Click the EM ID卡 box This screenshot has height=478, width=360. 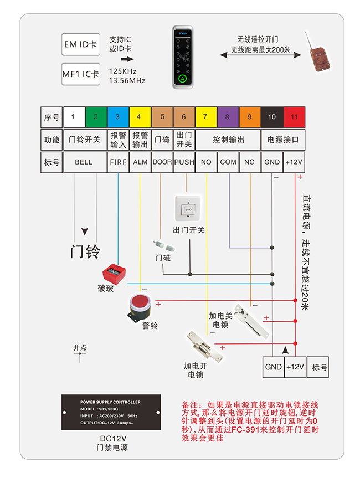pyautogui.click(x=80, y=44)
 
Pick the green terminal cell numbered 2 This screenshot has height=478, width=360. pyautogui.click(x=96, y=117)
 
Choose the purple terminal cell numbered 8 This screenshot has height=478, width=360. pyautogui.click(x=228, y=117)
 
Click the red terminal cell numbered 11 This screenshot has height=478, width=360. pyautogui.click(x=294, y=117)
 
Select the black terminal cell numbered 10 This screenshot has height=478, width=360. pyautogui.click(x=272, y=117)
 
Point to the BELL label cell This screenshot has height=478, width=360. pyautogui.click(x=85, y=162)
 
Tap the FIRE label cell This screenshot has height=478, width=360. pyautogui.click(x=118, y=162)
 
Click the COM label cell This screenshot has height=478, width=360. pyautogui.click(x=228, y=162)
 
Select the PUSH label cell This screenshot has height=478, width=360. pyautogui.click(x=184, y=162)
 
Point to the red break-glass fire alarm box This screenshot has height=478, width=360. pyautogui.click(x=115, y=274)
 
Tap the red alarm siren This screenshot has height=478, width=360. pyautogui.click(x=139, y=307)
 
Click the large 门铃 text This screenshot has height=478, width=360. pyautogui.click(x=85, y=251)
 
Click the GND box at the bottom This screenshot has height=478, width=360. pyautogui.click(x=274, y=367)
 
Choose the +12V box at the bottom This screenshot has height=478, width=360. pyautogui.click(x=295, y=367)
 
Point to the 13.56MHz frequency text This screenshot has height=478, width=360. pyautogui.click(x=127, y=81)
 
